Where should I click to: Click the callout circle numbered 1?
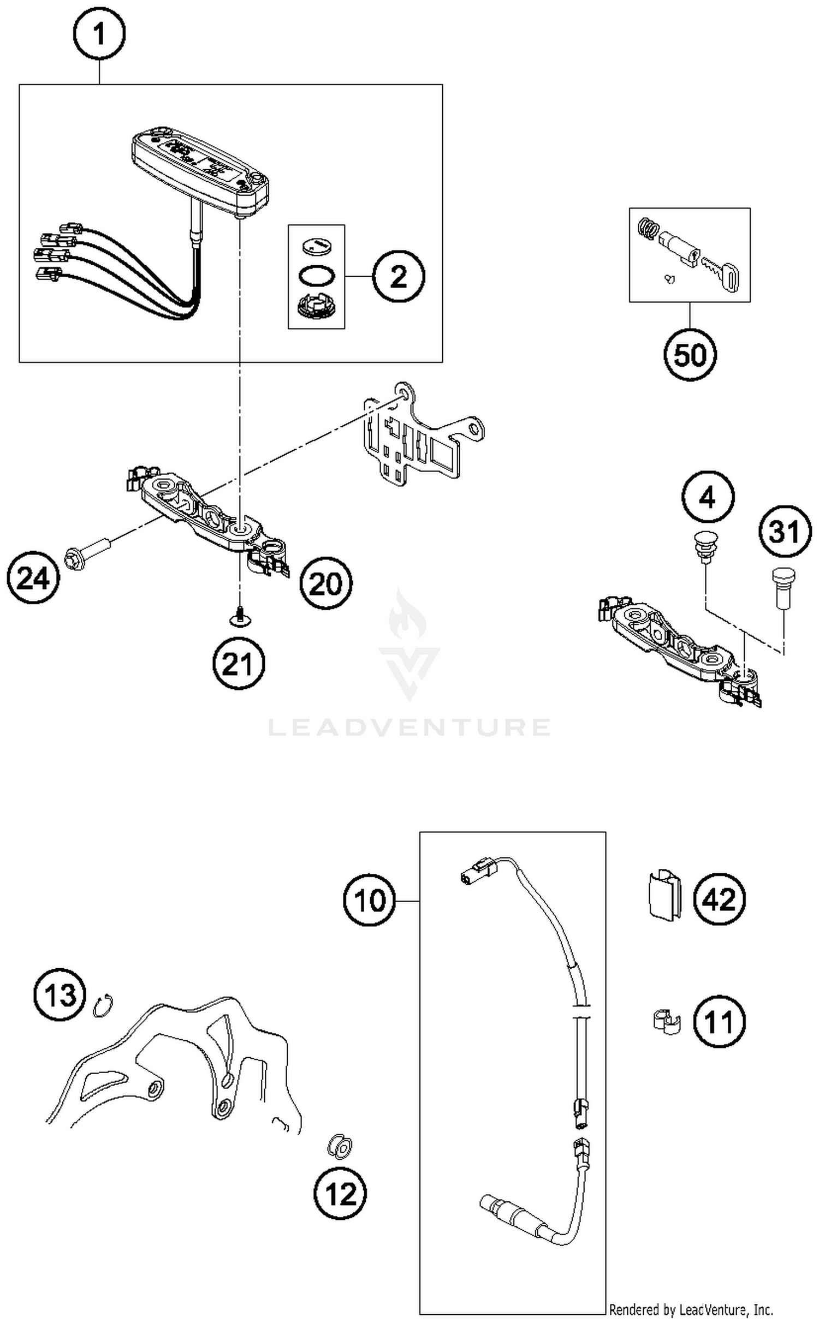pyautogui.click(x=99, y=34)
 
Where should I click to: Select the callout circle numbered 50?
pyautogui.click(x=690, y=355)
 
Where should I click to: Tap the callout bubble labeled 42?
pyautogui.click(x=719, y=898)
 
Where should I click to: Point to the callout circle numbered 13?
pyautogui.click(x=60, y=994)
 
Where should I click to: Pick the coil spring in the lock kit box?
pyautogui.click(x=648, y=228)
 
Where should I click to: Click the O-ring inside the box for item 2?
pyautogui.click(x=316, y=276)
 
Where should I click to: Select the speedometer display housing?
pyautogui.click(x=201, y=169)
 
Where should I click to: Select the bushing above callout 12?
pyautogui.click(x=340, y=1146)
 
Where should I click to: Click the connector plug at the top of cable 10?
pyautogui.click(x=477, y=873)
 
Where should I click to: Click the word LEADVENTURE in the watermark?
pyautogui.click(x=410, y=728)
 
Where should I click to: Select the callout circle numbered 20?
pyautogui.click(x=326, y=583)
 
